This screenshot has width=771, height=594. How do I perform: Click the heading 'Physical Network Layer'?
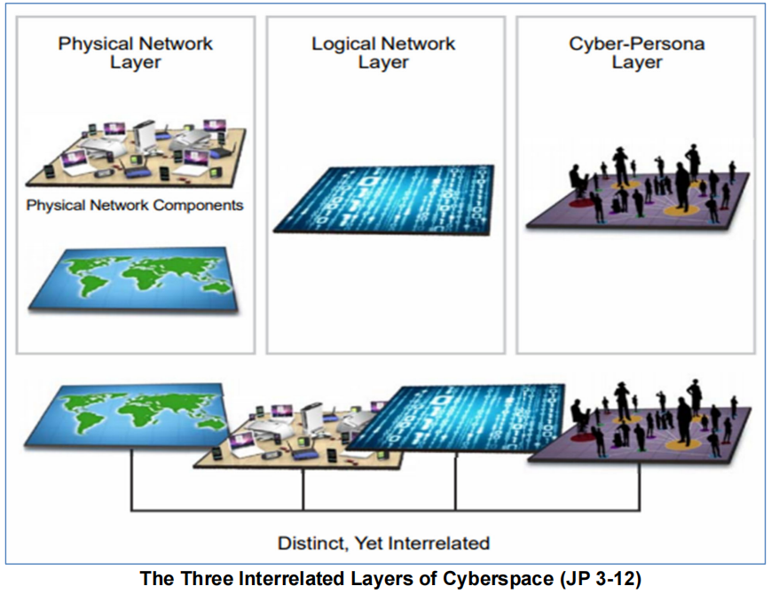(x=136, y=52)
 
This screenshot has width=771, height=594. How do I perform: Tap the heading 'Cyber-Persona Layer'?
(x=636, y=52)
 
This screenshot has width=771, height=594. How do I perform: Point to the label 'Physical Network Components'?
(x=135, y=205)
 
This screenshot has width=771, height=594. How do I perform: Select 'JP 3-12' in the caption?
(x=595, y=579)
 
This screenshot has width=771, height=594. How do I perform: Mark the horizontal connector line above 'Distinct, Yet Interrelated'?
(x=383, y=511)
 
